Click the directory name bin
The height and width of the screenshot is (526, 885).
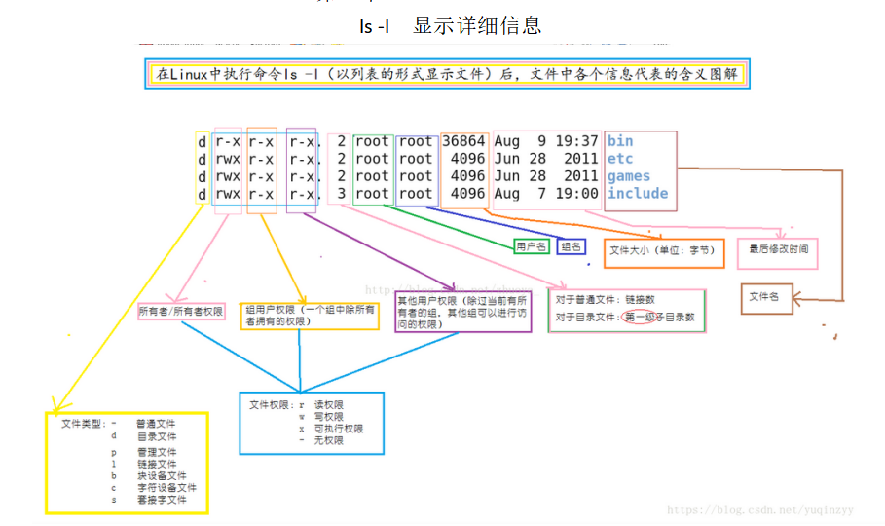tap(620, 141)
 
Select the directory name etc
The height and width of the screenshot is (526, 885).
tap(620, 159)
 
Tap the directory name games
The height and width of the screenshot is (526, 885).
tap(628, 176)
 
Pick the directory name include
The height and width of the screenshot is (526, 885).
tap(638, 194)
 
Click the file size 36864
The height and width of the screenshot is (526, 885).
tap(463, 141)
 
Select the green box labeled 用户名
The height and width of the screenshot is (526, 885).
tap(532, 247)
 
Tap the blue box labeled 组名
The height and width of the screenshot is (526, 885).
tap(572, 247)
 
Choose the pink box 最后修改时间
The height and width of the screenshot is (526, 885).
tap(778, 251)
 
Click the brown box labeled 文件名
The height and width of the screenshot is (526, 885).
tap(766, 298)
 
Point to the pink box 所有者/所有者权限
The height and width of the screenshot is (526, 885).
tap(182, 313)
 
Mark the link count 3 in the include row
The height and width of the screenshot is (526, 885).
tap(341, 194)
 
